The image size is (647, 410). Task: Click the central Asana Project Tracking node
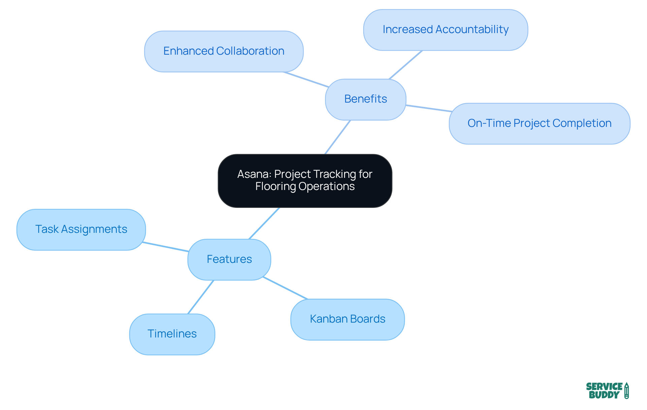coord(305,181)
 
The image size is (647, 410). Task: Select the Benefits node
coord(365,99)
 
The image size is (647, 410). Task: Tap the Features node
coord(229,259)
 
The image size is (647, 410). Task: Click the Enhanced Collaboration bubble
coord(224,51)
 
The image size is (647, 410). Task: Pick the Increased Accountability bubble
coord(445,30)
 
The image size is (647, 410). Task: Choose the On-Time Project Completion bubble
coord(539,124)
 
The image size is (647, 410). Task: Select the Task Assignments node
coord(81,229)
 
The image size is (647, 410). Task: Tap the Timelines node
coord(172,334)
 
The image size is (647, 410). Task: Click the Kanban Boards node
coord(347,319)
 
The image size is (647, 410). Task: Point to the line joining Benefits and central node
coord(338,137)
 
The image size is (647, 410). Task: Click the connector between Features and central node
coord(264,223)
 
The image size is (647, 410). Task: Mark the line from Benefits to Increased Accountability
coord(406,65)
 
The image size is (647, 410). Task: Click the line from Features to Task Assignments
coord(165,247)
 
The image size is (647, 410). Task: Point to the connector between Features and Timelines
coord(201,297)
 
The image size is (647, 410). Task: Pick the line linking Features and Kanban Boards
coord(285,288)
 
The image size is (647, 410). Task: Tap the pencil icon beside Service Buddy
coord(626,391)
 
